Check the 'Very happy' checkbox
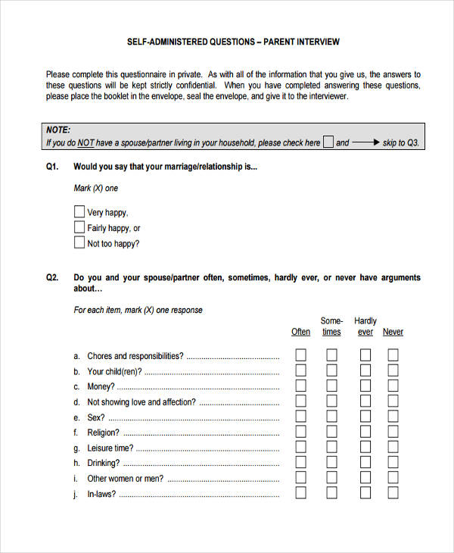tap(79, 212)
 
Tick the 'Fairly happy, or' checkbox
tap(79, 227)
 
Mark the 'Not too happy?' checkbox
tap(79, 243)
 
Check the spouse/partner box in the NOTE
tap(328, 142)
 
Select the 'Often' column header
tap(300, 332)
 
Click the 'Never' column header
tap(393, 332)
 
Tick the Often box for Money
tap(300, 386)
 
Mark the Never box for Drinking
tap(393, 462)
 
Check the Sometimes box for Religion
tap(331, 432)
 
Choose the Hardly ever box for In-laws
tap(365, 493)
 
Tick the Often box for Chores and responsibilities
tap(300, 355)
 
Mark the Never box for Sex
tap(393, 417)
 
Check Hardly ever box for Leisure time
tap(365, 447)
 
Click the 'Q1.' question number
tap(52, 166)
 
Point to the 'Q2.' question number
tap(52, 278)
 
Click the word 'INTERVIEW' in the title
tap(319, 42)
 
